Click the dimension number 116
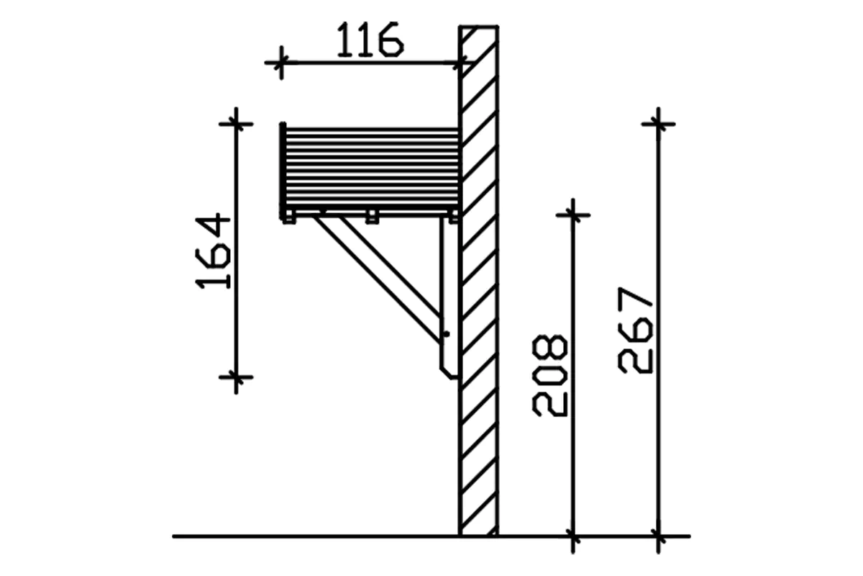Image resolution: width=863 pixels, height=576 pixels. point(370,41)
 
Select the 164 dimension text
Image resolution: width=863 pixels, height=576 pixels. point(214,251)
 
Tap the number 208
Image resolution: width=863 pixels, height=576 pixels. point(550,374)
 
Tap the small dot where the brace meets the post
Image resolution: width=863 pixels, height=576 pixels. point(446,334)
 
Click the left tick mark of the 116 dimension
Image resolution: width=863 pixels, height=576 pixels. point(280,63)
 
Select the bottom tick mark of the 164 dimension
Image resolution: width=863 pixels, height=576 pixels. point(236,377)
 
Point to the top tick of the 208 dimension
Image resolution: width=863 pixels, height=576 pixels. point(573,215)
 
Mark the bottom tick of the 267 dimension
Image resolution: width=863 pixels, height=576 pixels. point(658,536)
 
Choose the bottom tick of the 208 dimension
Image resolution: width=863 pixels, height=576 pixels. point(573,536)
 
